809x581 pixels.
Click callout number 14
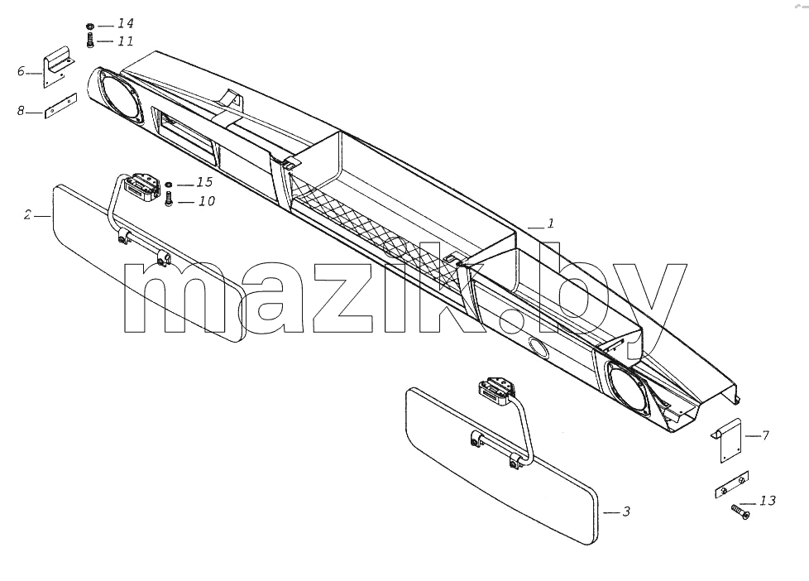tap(126, 24)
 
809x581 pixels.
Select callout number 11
tap(126, 41)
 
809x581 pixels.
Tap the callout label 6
tap(21, 71)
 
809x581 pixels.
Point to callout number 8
tap(21, 111)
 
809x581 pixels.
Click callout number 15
tap(204, 182)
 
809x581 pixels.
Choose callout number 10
tap(206, 201)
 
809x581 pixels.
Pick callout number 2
tap(27, 214)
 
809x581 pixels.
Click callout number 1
tap(551, 223)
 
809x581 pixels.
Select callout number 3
tap(626, 511)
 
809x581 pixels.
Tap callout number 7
tap(765, 435)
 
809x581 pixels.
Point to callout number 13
tap(767, 501)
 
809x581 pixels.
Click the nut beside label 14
tap(90, 26)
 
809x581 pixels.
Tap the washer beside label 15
tap(169, 185)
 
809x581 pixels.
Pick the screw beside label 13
tap(740, 511)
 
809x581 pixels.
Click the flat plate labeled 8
tap(60, 106)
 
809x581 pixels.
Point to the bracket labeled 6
tap(58, 66)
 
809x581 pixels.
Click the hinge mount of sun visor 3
tap(497, 390)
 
